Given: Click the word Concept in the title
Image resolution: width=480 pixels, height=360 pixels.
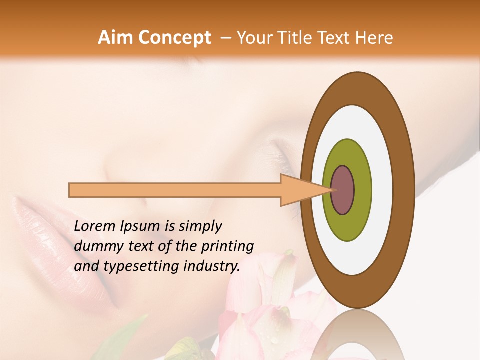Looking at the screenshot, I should point(174,38).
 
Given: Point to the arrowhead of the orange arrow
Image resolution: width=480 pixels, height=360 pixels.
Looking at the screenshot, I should point(305,190).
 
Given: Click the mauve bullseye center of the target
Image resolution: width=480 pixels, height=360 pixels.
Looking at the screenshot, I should point(343,190).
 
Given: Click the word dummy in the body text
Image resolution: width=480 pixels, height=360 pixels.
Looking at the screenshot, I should point(95,247).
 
